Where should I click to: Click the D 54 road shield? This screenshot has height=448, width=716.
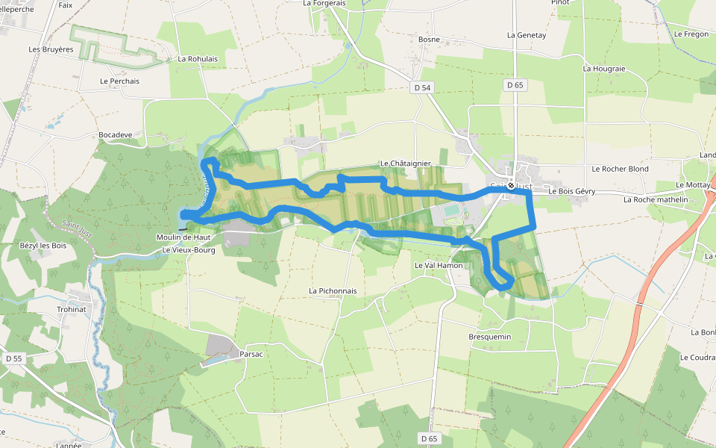[422, 87]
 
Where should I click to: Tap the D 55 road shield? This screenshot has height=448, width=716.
[13, 358]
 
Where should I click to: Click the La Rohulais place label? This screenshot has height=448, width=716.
[198, 58]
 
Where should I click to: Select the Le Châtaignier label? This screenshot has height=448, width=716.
[406, 163]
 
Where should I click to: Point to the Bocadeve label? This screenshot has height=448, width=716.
[115, 135]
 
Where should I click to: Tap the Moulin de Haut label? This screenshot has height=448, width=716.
[183, 237]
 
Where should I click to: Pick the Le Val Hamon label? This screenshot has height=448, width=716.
[439, 265]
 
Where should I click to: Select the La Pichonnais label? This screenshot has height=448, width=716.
[333, 290]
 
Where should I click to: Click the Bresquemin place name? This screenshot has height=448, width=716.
[490, 337]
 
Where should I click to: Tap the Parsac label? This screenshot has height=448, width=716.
[251, 354]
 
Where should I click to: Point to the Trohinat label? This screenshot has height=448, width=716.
[72, 309]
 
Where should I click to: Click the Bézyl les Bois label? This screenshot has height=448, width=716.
[43, 246]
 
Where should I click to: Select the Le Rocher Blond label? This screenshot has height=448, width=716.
[620, 169]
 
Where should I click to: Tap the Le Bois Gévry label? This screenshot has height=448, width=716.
[572, 191]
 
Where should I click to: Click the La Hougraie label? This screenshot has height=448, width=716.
[604, 68]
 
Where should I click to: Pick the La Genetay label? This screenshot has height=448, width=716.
[527, 34]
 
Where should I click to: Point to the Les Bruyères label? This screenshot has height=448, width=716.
[51, 49]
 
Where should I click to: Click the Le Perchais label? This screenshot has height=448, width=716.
[119, 81]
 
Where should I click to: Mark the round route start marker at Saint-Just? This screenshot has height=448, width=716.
[511, 185]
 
